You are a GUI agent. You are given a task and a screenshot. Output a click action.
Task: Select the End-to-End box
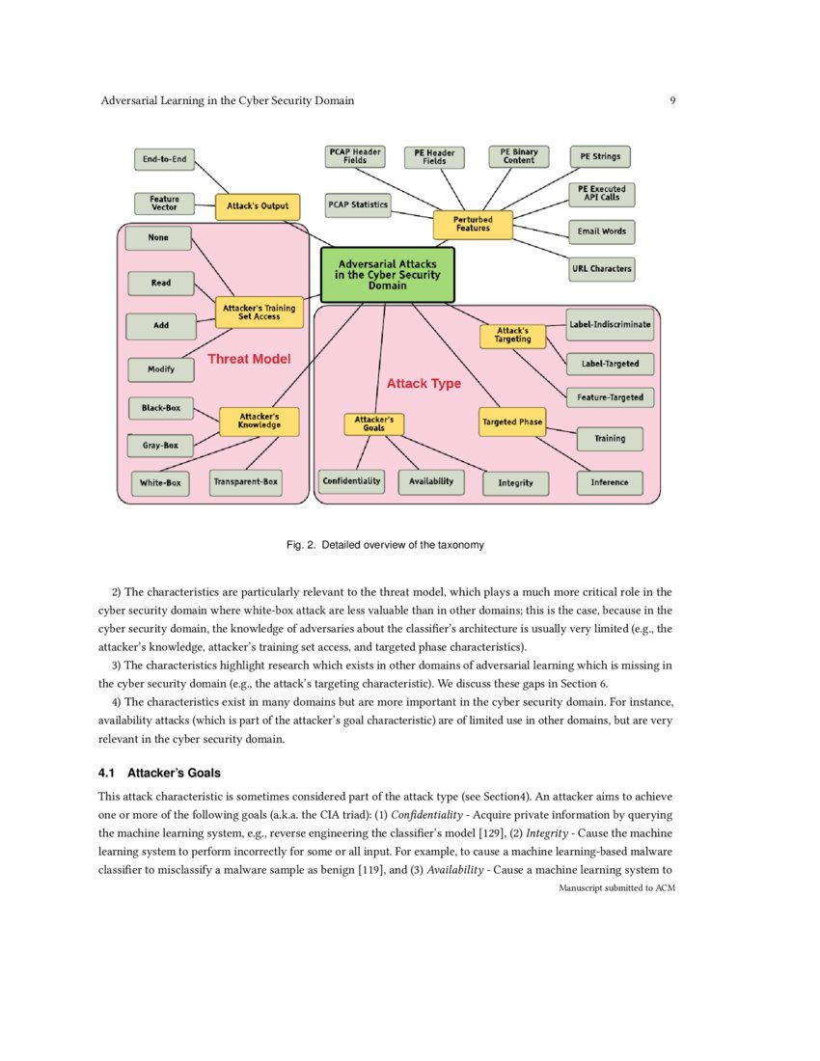pyautogui.click(x=165, y=158)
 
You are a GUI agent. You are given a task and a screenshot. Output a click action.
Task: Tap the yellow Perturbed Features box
pyautogui.click(x=473, y=225)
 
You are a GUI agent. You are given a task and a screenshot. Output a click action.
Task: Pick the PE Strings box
pyautogui.click(x=601, y=156)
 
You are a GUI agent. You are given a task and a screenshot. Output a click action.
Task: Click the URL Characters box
pyautogui.click(x=602, y=268)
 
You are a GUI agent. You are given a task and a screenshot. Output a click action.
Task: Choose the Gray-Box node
pyautogui.click(x=160, y=446)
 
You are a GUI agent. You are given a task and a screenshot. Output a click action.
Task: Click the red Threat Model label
pyautogui.click(x=249, y=359)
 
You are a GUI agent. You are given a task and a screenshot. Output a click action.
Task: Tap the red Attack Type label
pyautogui.click(x=424, y=383)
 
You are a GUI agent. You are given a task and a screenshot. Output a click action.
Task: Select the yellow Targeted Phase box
pyautogui.click(x=512, y=422)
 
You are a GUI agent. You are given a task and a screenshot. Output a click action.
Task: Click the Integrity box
pyautogui.click(x=515, y=482)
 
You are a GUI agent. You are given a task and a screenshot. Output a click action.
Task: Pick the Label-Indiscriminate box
pyautogui.click(x=610, y=325)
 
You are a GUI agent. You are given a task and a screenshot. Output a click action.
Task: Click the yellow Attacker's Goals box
pyautogui.click(x=374, y=423)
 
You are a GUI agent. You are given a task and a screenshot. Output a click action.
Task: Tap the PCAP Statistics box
pyautogui.click(x=357, y=204)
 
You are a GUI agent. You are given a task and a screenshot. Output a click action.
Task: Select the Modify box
pyautogui.click(x=160, y=369)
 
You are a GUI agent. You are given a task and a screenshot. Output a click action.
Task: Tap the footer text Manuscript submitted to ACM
pyautogui.click(x=616, y=887)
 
